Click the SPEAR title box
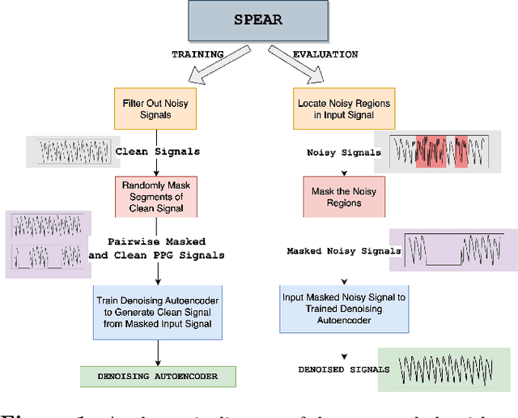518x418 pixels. (x=258, y=20)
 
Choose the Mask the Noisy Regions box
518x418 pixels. (x=343, y=198)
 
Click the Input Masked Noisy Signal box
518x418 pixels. (x=343, y=308)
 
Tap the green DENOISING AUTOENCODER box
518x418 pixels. (x=159, y=377)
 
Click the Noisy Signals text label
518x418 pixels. (x=344, y=152)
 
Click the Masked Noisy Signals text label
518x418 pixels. (x=344, y=251)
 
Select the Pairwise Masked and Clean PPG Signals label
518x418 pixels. (x=159, y=248)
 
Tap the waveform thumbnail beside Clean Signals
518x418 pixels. (x=69, y=152)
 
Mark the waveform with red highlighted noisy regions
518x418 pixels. (x=441, y=151)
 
